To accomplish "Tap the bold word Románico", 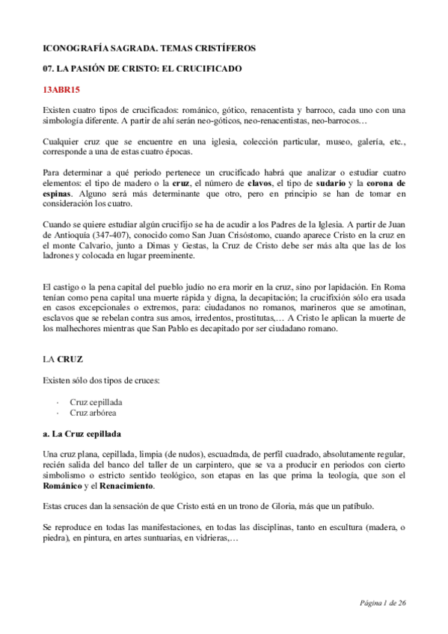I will click(64, 485).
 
